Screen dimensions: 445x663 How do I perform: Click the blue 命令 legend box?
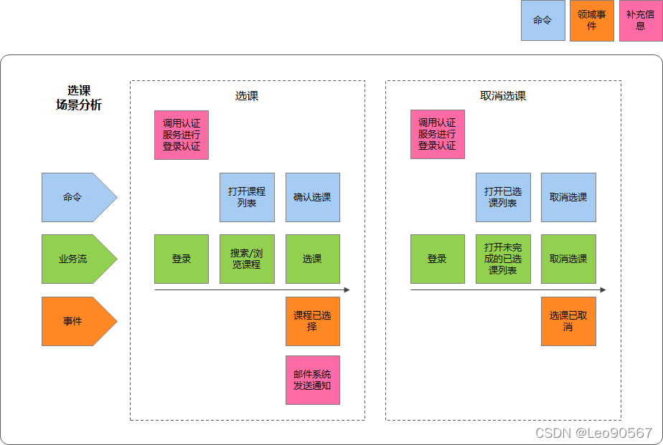(542, 20)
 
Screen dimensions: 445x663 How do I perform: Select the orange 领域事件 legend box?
(592, 20)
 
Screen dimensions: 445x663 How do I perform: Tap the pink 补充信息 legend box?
(640, 20)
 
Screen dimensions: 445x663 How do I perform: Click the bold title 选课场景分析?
(79, 97)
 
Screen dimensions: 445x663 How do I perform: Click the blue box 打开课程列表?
(247, 197)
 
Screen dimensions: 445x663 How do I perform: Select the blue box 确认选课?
(312, 197)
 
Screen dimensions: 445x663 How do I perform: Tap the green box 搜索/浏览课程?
(247, 259)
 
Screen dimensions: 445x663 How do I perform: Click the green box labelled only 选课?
(312, 259)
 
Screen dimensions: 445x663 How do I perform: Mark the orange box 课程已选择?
(312, 321)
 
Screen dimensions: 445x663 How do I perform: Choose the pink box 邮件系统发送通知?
(312, 380)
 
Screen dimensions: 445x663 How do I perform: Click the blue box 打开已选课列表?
(503, 197)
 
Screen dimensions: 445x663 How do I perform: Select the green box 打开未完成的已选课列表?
(503, 259)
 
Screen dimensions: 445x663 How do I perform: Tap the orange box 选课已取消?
(568, 321)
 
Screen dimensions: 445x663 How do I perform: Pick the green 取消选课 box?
(568, 259)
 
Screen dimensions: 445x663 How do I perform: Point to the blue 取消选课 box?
(568, 197)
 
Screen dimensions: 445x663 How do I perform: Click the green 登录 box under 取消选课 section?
(437, 259)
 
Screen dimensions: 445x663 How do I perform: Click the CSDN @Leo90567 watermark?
(593, 433)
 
